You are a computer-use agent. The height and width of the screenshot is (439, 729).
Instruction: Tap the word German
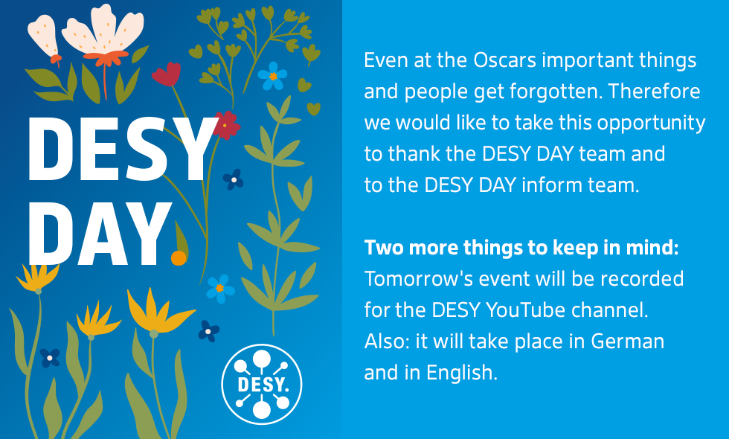627,342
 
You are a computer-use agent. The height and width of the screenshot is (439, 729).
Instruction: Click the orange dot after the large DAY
179,257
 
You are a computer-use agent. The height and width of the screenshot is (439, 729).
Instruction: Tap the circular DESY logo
261,384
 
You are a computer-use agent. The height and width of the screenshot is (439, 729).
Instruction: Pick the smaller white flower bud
43,38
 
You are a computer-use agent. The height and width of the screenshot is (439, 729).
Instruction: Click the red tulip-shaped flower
167,74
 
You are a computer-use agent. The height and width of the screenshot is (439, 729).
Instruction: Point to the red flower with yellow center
226,125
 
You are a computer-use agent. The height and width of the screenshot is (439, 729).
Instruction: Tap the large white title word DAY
99,233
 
